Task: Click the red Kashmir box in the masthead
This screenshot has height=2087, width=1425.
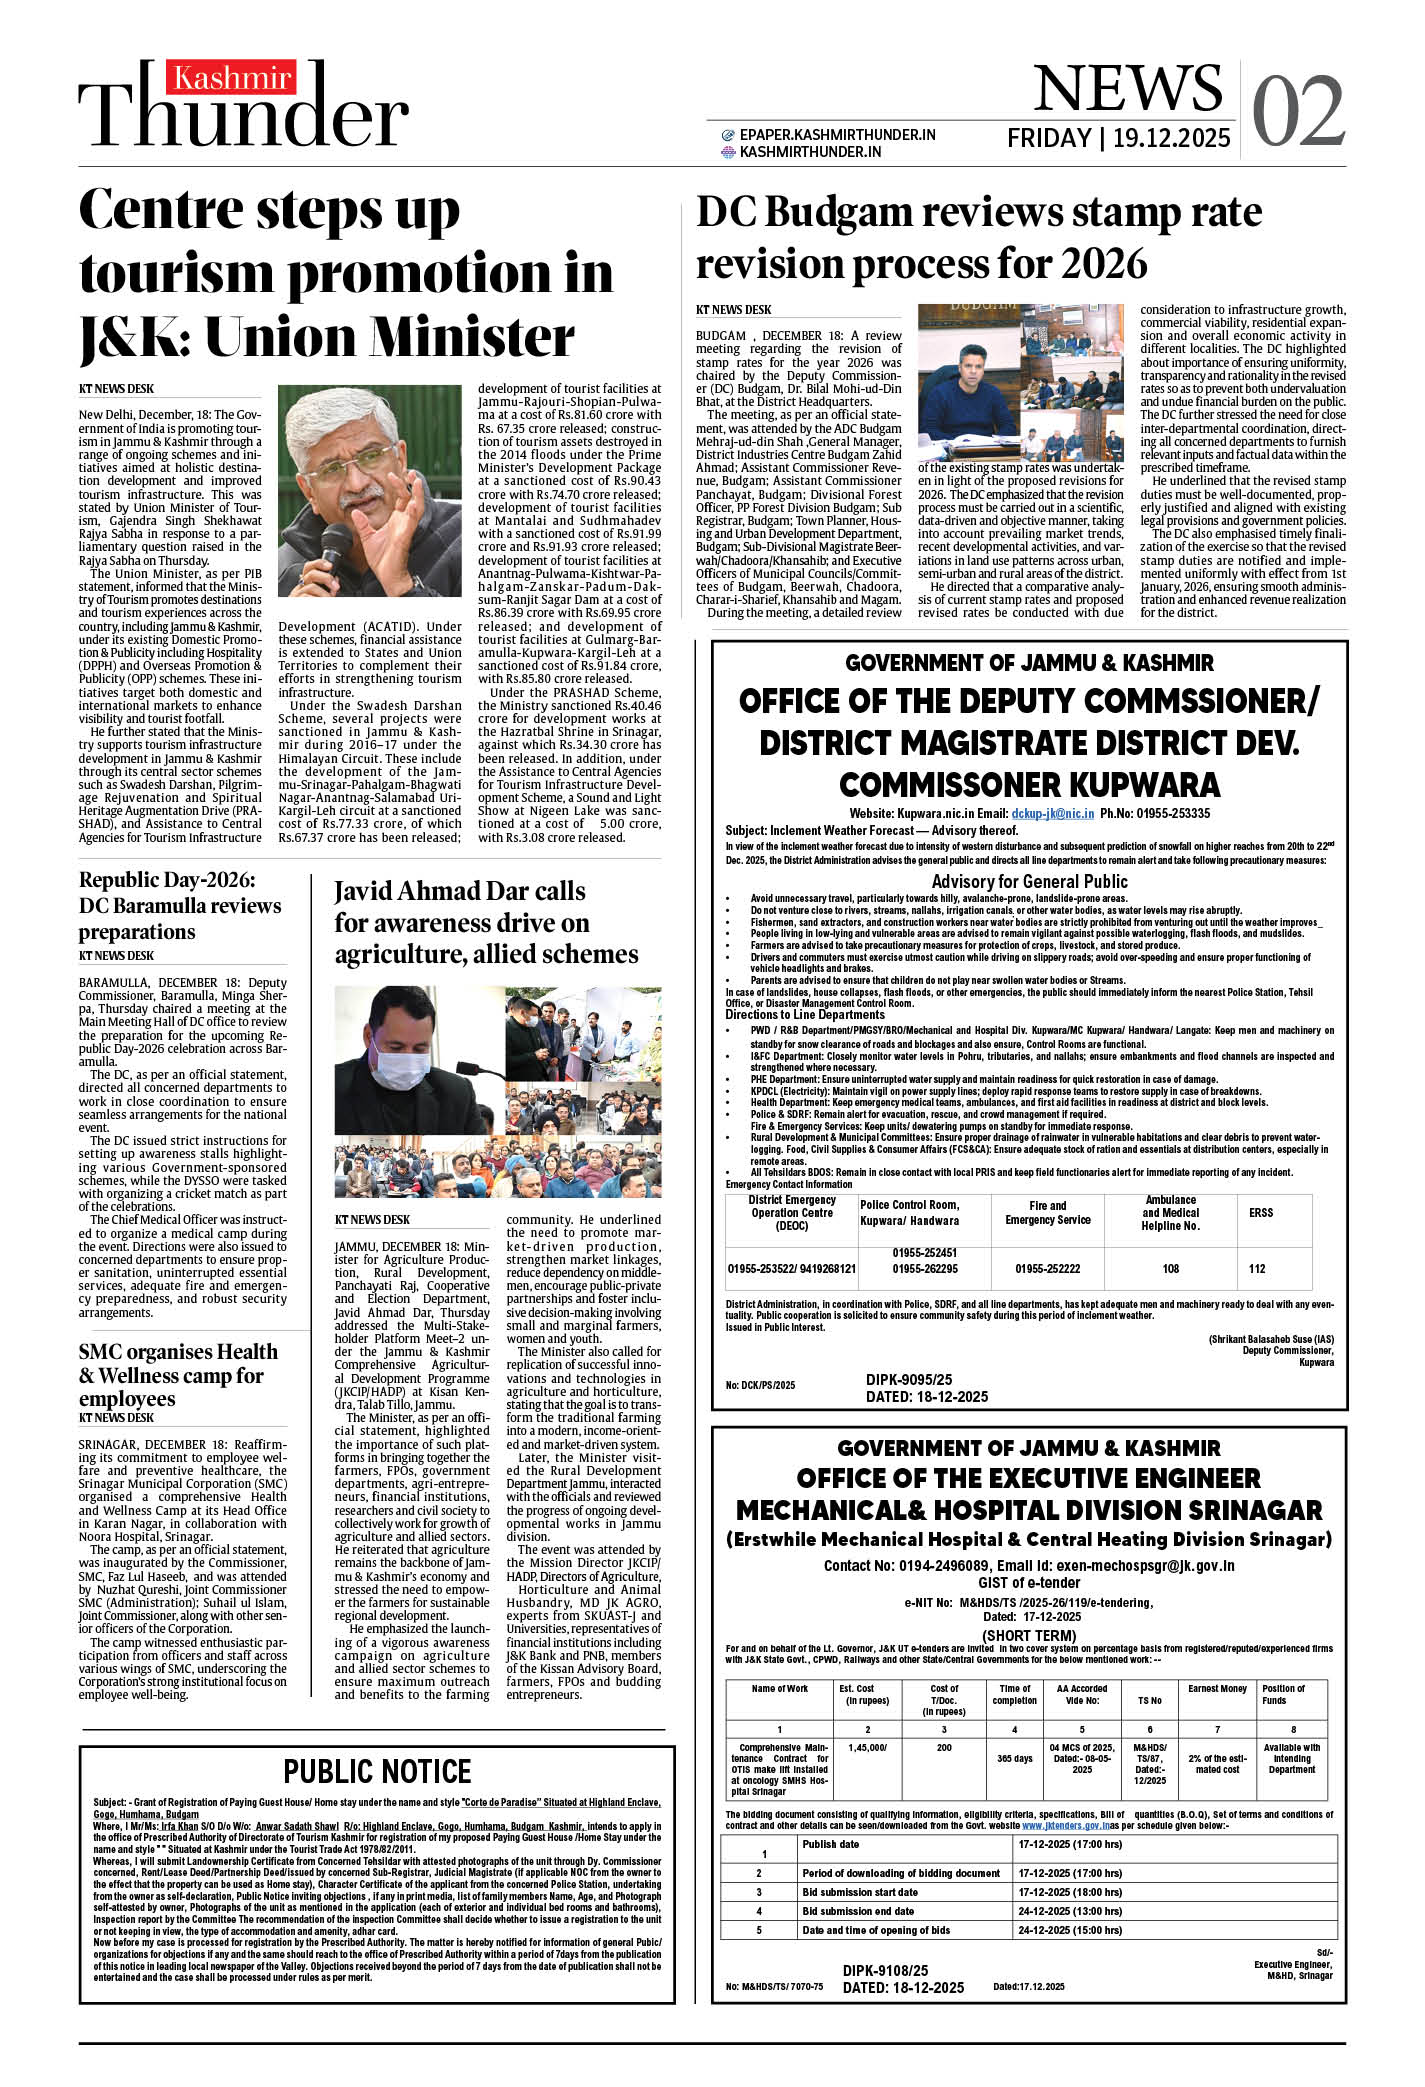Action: (x=231, y=78)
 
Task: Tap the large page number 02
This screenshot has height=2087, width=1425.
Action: (x=1297, y=111)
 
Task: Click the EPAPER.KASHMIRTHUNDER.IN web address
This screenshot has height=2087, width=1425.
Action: (x=837, y=135)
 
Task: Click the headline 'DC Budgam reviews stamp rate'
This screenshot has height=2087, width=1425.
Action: (x=978, y=213)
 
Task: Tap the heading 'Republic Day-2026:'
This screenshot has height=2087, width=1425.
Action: (x=167, y=880)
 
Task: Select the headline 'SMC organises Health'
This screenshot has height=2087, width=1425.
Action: (x=178, y=1352)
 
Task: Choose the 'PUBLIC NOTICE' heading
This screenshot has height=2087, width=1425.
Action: (x=377, y=1772)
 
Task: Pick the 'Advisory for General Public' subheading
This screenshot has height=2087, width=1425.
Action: (x=1029, y=881)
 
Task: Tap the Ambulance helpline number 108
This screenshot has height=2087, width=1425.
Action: (x=1170, y=1269)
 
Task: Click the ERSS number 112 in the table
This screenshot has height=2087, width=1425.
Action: (x=1257, y=1269)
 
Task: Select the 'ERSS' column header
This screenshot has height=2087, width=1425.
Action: (x=1261, y=1212)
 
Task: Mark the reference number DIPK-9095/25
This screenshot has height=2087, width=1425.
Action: (x=908, y=1380)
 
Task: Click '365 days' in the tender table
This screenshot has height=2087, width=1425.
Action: (x=1014, y=1759)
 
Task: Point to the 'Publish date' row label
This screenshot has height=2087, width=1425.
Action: (x=830, y=1844)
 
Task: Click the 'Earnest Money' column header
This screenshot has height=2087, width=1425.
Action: (x=1217, y=1689)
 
